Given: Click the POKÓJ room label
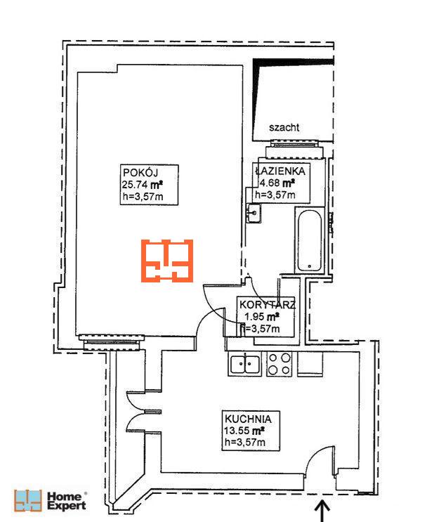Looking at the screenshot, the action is click(x=140, y=172).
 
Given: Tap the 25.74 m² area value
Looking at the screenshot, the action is click(x=143, y=185).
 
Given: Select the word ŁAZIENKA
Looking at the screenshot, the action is click(x=280, y=171).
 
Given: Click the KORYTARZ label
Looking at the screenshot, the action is click(x=268, y=305).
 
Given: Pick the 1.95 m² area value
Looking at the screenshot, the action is click(x=262, y=317).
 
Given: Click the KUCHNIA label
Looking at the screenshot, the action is click(x=248, y=419).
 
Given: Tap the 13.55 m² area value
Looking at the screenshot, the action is click(x=244, y=431).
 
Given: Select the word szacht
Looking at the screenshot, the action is click(x=284, y=127).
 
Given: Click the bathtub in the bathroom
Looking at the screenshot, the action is click(x=310, y=240).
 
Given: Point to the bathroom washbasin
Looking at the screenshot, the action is click(x=254, y=213).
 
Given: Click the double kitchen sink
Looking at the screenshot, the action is click(x=244, y=364).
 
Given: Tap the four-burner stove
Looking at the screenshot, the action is click(x=280, y=364).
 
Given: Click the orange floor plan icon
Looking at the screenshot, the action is click(x=167, y=261).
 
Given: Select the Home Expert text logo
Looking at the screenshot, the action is click(x=67, y=501).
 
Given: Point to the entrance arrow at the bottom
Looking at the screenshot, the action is click(x=322, y=510).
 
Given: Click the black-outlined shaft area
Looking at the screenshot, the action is click(x=293, y=100).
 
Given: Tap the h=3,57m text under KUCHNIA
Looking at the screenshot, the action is click(x=245, y=443).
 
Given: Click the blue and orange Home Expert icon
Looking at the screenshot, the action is click(x=28, y=500).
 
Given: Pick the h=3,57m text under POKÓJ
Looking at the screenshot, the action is click(x=143, y=197).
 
